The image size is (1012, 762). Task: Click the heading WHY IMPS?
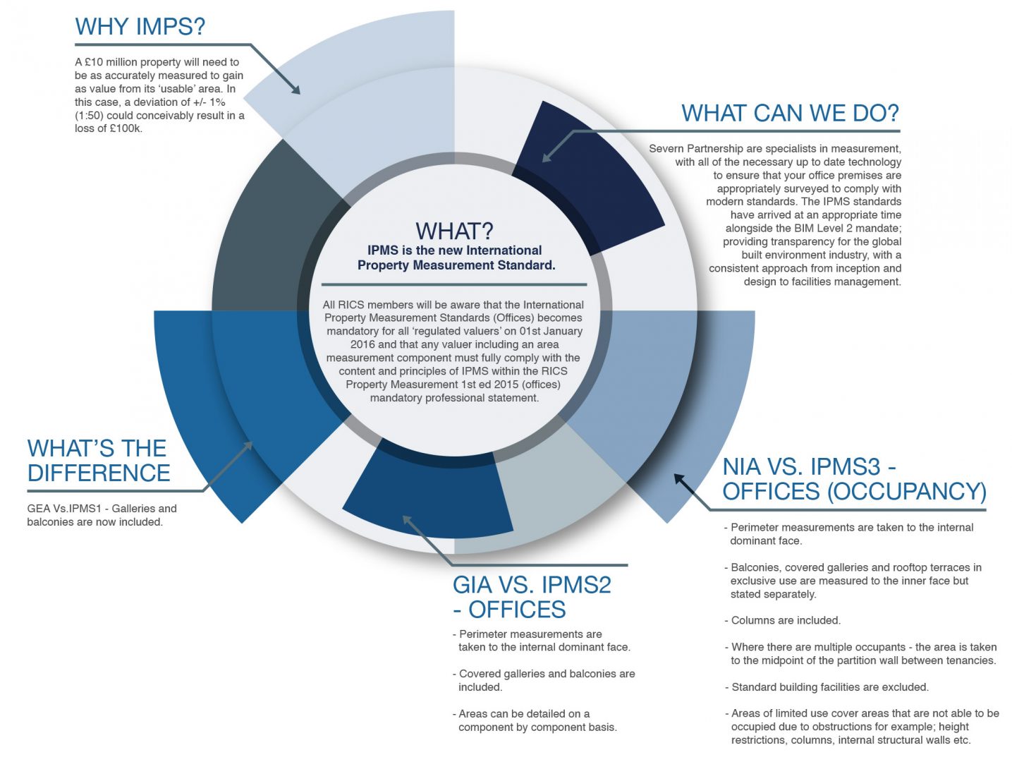(x=140, y=26)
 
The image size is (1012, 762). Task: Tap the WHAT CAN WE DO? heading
(x=791, y=114)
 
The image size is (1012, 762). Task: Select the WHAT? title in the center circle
(x=454, y=231)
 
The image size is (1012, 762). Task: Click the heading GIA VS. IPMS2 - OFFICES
(x=532, y=598)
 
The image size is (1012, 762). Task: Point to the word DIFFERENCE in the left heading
(x=99, y=473)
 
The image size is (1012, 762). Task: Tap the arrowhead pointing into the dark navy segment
(x=547, y=157)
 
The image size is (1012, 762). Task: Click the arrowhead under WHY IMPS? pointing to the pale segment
(x=295, y=89)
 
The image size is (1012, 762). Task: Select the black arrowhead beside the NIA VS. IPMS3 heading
(x=680, y=480)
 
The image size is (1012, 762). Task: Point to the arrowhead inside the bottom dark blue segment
(x=408, y=521)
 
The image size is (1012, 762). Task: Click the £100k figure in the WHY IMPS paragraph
(x=126, y=128)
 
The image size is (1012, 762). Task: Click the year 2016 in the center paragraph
(x=362, y=344)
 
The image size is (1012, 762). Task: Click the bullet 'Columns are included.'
(x=782, y=620)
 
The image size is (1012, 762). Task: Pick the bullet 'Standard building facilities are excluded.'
(x=827, y=687)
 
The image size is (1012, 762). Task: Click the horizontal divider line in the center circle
(x=454, y=284)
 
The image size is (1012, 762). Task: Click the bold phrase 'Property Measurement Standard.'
(x=456, y=265)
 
